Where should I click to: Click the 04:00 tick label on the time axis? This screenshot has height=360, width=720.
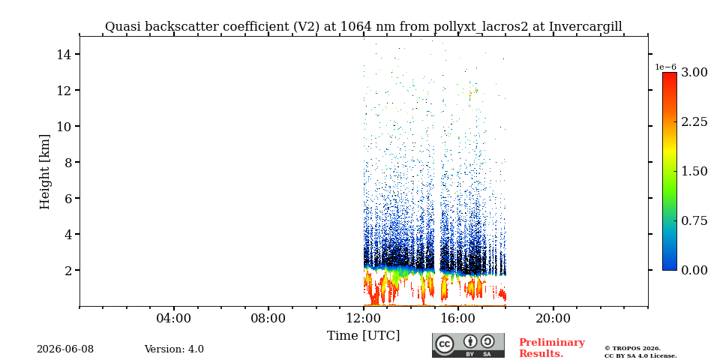(x=174, y=318)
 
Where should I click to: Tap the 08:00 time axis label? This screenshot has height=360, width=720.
(x=268, y=318)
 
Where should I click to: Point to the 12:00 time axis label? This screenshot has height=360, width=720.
(x=363, y=318)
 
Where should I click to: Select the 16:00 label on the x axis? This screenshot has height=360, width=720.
(x=457, y=318)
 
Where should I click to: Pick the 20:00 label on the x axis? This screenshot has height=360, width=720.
(x=553, y=318)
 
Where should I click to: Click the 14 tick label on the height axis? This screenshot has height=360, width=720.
(x=63, y=54)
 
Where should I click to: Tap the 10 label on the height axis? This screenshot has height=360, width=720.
(x=63, y=126)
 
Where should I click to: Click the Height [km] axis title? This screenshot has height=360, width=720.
(x=44, y=172)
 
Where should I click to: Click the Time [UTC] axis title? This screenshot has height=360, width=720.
(x=363, y=336)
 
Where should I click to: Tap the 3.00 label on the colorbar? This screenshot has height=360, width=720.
(x=694, y=73)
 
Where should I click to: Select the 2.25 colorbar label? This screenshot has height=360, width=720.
(x=694, y=121)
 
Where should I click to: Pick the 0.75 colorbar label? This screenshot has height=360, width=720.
(x=694, y=220)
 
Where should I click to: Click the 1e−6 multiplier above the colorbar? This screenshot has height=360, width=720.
(x=665, y=67)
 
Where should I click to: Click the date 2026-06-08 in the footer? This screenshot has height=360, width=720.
(x=65, y=349)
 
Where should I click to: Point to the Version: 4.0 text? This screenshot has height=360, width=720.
(x=174, y=349)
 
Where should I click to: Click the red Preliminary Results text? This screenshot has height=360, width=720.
(x=552, y=348)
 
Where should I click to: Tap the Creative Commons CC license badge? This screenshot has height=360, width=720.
(x=468, y=345)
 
